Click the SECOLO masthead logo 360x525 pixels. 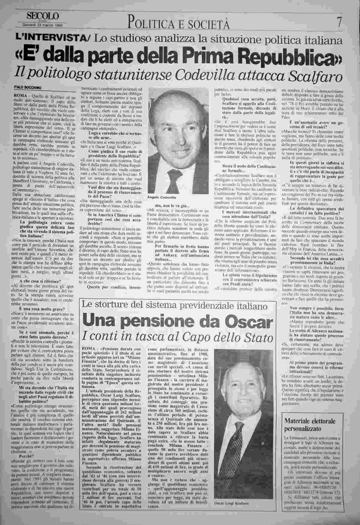(43, 16)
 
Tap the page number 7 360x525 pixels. (339, 23)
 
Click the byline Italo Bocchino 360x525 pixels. (28, 87)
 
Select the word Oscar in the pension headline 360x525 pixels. (250, 321)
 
